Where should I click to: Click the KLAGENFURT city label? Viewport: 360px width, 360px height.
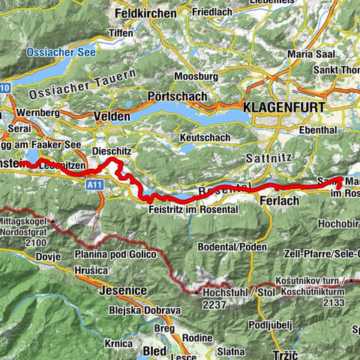[x=284, y=108]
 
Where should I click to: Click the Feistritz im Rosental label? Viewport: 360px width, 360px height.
[x=187, y=209]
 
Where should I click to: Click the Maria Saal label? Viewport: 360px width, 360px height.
[x=312, y=53]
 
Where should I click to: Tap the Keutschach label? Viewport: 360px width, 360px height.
[x=209, y=139]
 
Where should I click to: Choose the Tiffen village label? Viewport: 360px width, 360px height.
[x=121, y=33]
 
